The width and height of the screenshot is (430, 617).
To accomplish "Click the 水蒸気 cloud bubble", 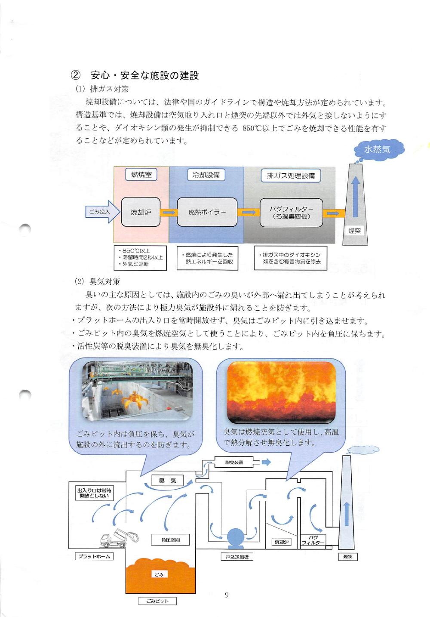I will [377, 150].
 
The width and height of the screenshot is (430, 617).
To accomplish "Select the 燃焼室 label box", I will [141, 175].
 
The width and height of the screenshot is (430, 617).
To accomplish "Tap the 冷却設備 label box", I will [206, 175].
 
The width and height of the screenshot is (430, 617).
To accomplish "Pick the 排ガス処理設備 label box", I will [291, 176].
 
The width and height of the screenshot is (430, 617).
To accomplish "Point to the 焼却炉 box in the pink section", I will [141, 212].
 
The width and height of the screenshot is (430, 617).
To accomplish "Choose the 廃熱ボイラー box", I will [207, 212].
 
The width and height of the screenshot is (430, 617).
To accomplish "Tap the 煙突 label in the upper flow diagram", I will [355, 231].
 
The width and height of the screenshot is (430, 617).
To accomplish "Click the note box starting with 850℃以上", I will [140, 258].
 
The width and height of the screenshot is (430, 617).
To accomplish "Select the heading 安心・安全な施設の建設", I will [144, 76].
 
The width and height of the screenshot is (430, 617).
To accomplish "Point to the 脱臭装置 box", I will [234, 463].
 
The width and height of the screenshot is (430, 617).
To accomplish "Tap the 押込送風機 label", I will [236, 557].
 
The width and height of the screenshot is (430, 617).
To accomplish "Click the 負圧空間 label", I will [170, 540].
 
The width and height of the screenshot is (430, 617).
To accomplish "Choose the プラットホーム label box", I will [94, 556].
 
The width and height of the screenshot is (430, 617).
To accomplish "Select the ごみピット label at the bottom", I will [157, 601].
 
